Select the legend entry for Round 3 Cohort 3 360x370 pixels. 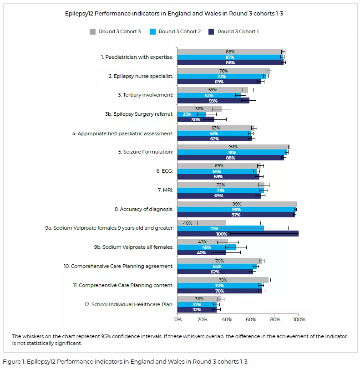point(115,31)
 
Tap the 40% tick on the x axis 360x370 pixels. point(226,320)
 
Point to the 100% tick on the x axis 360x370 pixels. point(299,320)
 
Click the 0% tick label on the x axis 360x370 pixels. point(177,320)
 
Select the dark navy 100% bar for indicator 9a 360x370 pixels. point(238,234)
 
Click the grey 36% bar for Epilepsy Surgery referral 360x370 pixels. point(199,109)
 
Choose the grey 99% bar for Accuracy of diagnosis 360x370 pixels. point(237,204)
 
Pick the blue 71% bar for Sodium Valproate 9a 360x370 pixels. point(220,228)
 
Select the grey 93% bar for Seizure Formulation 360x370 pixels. point(233,147)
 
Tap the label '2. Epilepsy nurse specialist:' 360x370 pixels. point(141,76)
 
